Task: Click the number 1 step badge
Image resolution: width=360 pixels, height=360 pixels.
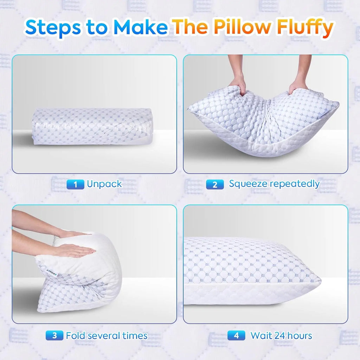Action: coord(75,184)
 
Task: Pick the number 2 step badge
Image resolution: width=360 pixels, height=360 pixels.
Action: coord(215,184)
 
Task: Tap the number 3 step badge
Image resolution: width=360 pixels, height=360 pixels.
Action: coord(54,335)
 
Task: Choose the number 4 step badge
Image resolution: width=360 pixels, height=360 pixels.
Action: coord(236,335)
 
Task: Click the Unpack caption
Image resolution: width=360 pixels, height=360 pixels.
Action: coord(104,184)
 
